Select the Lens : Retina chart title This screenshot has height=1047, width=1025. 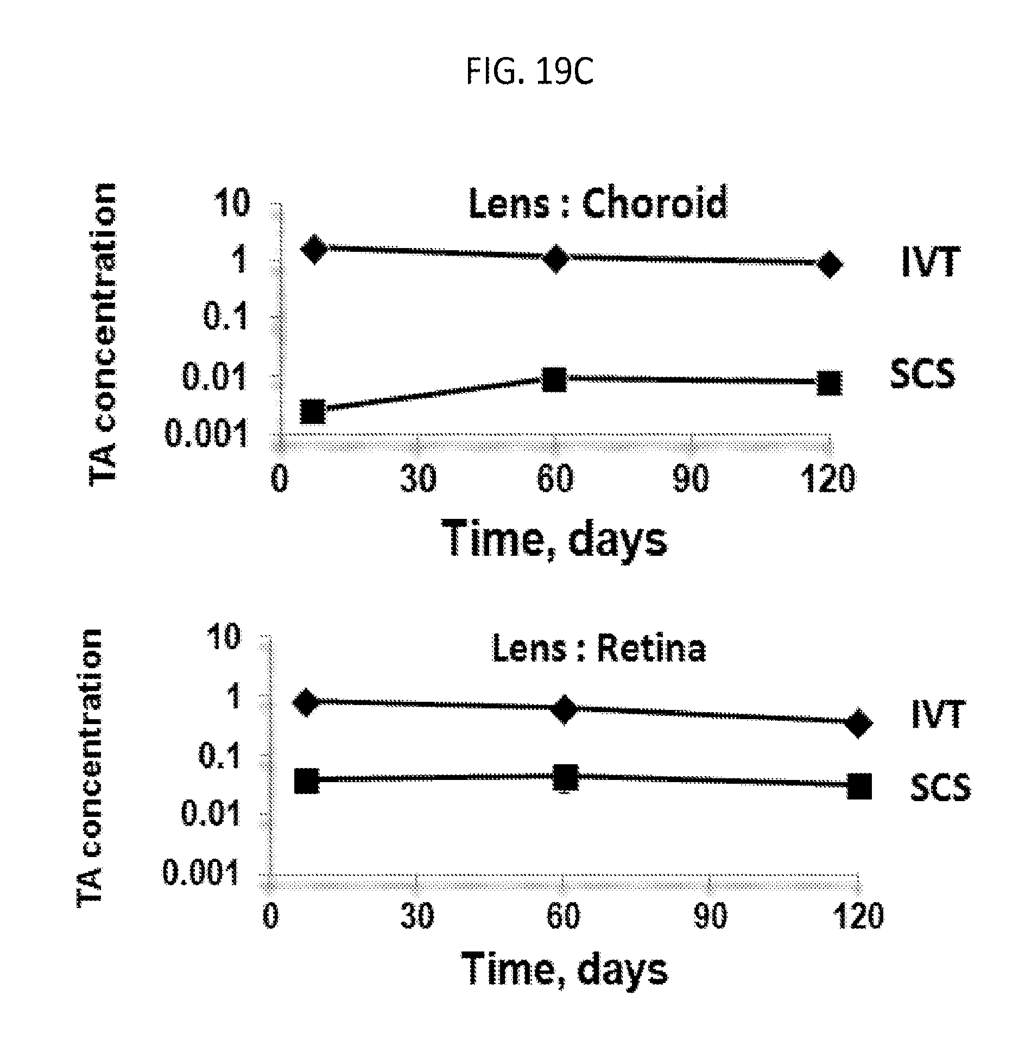pyautogui.click(x=599, y=648)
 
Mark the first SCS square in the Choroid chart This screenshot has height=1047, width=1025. pyautogui.click(x=313, y=411)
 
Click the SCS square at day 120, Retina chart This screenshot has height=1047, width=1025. pyautogui.click(x=859, y=786)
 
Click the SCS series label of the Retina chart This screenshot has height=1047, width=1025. pyautogui.click(x=940, y=787)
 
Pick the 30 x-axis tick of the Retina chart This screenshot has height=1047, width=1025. pyautogui.click(x=417, y=916)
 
